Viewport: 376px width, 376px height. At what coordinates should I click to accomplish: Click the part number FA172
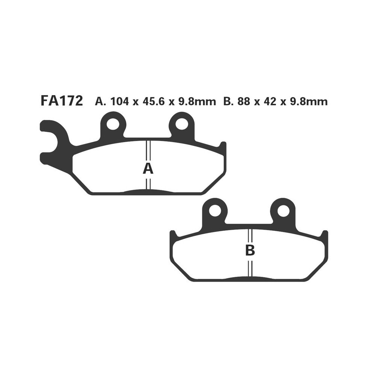[x=61, y=102]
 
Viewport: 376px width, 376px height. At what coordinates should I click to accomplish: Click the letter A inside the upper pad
[x=148, y=169]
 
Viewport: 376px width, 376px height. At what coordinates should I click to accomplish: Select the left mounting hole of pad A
[x=112, y=124]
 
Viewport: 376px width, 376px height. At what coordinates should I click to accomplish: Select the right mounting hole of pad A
[x=182, y=124]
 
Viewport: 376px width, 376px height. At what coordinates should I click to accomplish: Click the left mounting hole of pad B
[x=215, y=211]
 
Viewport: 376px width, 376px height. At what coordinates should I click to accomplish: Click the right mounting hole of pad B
[x=284, y=211]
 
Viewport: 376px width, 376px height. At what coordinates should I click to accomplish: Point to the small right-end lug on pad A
[x=223, y=147]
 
